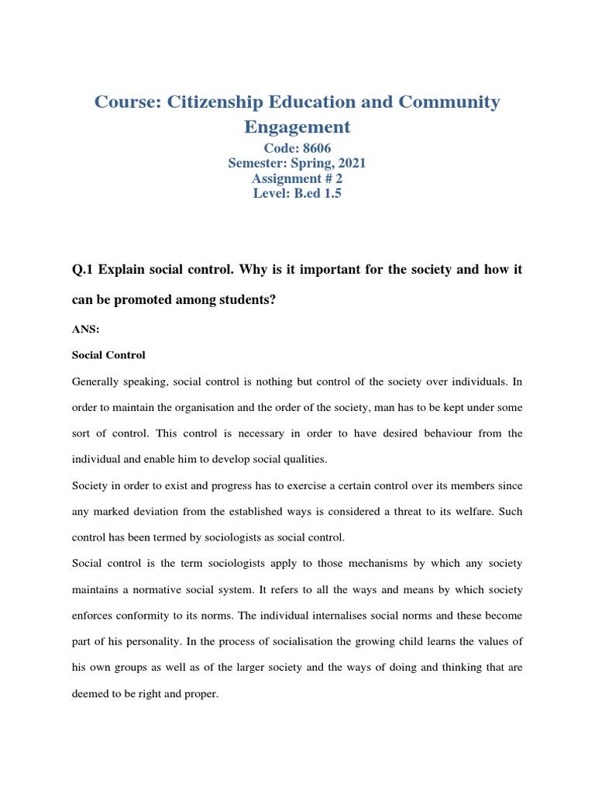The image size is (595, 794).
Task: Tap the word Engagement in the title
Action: point(297,126)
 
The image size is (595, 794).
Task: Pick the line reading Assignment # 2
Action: point(297,178)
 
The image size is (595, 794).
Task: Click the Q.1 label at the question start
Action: point(83,268)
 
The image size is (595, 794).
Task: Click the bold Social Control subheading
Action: point(108,355)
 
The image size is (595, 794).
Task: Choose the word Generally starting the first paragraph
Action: point(96,382)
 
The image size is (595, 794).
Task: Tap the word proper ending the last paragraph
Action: point(203,694)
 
